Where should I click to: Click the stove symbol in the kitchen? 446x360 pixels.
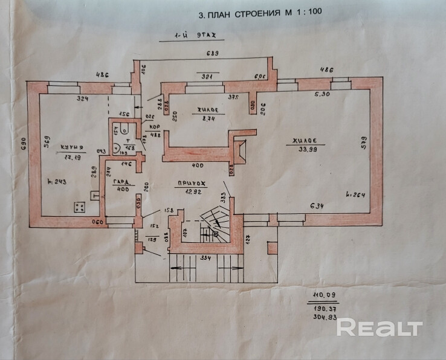coord(80,207)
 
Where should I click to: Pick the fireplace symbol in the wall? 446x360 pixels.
coord(241,149)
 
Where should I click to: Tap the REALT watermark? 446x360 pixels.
coord(379,328)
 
